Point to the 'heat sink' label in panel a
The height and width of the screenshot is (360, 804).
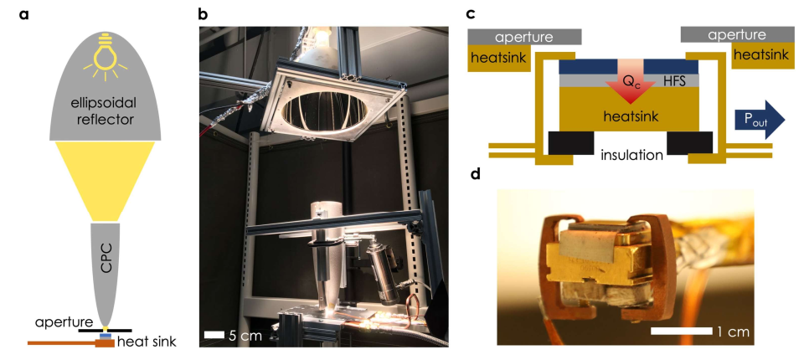[146, 342]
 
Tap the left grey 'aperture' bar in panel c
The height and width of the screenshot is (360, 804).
[524, 36]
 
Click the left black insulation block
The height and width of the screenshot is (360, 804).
[572, 143]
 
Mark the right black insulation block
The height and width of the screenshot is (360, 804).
[689, 143]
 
